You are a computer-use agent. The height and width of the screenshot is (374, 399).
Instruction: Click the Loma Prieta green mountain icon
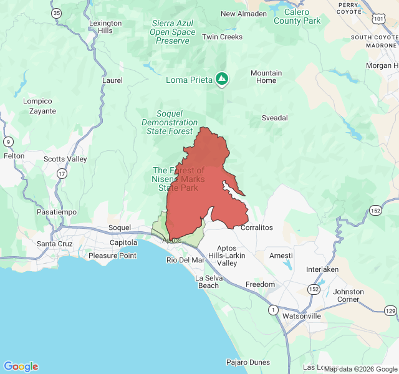point(222,79)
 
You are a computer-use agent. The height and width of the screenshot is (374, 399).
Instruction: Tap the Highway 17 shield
point(61,174)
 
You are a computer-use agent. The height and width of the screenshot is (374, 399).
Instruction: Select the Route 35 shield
point(57,12)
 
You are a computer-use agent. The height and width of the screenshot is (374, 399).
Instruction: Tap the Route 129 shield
point(390,310)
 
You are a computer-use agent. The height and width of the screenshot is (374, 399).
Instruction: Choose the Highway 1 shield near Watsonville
point(272,309)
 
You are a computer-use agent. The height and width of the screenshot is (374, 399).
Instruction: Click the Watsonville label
point(301,316)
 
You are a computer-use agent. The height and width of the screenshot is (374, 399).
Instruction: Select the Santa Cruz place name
point(55,244)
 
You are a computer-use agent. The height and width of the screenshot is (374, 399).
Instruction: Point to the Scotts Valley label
point(65,159)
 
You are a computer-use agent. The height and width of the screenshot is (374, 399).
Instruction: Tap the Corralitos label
point(257,228)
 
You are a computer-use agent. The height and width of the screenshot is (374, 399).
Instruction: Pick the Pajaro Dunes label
point(248,362)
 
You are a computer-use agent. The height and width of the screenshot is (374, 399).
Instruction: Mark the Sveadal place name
point(274,117)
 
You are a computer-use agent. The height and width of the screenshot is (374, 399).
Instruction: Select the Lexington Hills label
point(101,27)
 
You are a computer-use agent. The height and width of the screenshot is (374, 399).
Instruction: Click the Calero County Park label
point(296,16)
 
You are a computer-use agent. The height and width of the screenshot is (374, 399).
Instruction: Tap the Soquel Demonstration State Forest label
point(170,122)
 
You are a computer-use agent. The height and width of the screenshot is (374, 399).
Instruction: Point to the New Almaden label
point(244,14)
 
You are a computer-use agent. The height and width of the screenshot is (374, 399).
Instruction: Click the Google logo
point(21,367)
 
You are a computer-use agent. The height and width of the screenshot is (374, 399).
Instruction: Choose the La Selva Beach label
point(208,282)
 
